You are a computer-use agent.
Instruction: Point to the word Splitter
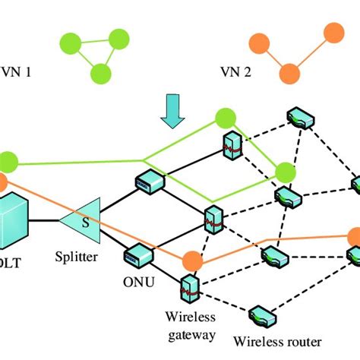[x=76, y=257]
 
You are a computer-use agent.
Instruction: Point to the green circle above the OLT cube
[x=7, y=161]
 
